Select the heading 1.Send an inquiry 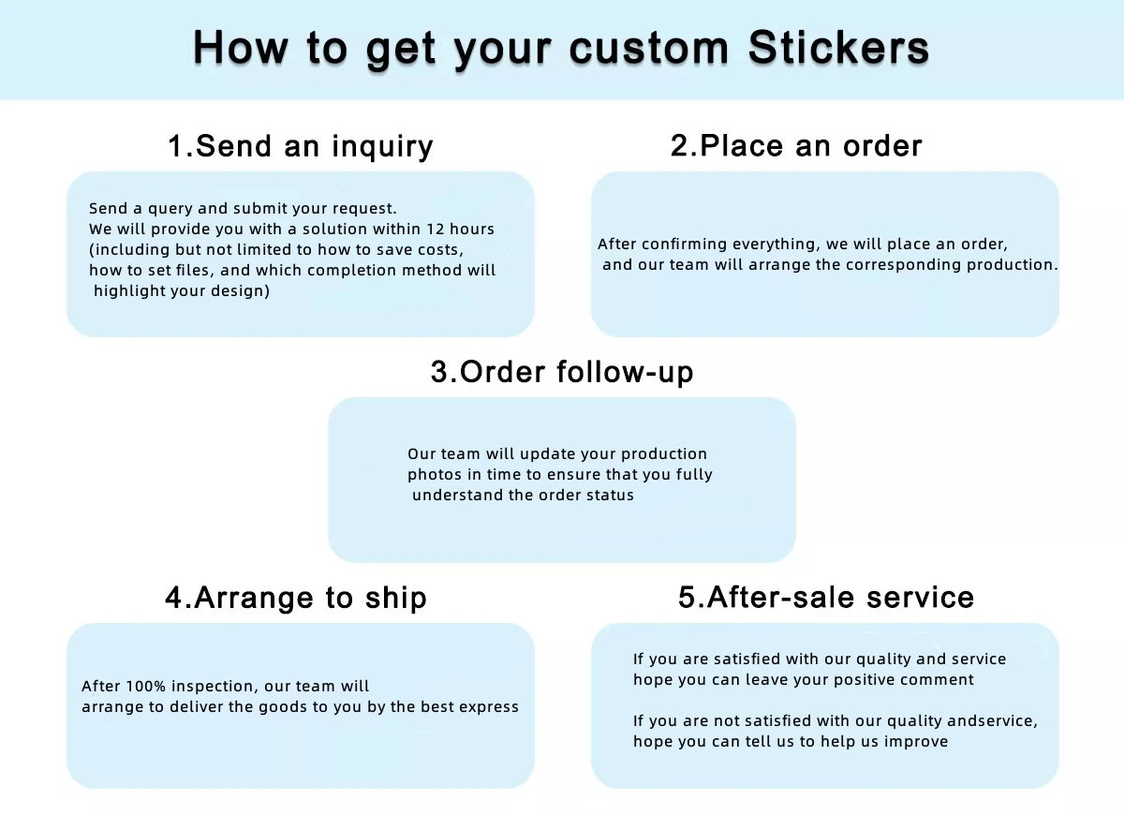301,146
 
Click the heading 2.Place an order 796,146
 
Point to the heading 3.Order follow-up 562,372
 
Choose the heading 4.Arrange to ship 296,598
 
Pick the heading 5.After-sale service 826,598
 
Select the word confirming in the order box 684,244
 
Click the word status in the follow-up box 610,496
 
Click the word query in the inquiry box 170,209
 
